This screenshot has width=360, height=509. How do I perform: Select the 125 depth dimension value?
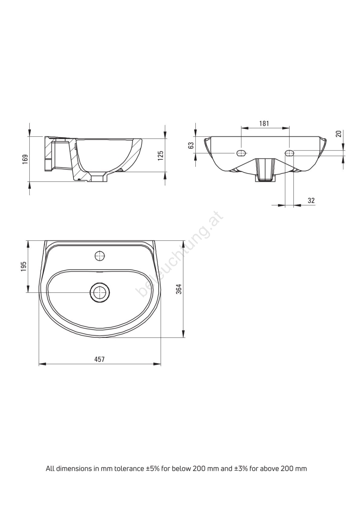click(160, 156)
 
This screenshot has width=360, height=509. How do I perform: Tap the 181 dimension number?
click(264, 123)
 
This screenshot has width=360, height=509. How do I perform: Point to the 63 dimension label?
click(191, 145)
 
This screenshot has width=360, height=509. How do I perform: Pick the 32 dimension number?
click(311, 200)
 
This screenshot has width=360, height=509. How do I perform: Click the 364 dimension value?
click(179, 289)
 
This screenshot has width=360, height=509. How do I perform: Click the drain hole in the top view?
click(100, 292)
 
